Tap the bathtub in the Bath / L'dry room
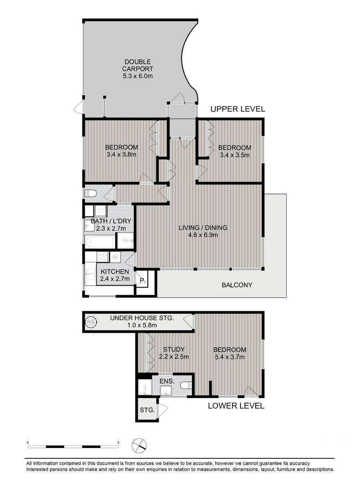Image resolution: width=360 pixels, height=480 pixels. [x=100, y=241]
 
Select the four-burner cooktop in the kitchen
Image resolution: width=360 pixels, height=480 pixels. [x=102, y=256]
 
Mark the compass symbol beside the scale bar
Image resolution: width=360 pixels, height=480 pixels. [x=140, y=445]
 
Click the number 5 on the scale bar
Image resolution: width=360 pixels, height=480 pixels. [x=118, y=442]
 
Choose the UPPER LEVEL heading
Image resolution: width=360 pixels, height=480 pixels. [x=238, y=109]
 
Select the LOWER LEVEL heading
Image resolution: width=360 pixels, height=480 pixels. [x=236, y=406]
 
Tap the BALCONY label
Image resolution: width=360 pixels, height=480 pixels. [x=237, y=285]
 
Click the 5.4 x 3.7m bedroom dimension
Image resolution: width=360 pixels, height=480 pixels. [x=229, y=357]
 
